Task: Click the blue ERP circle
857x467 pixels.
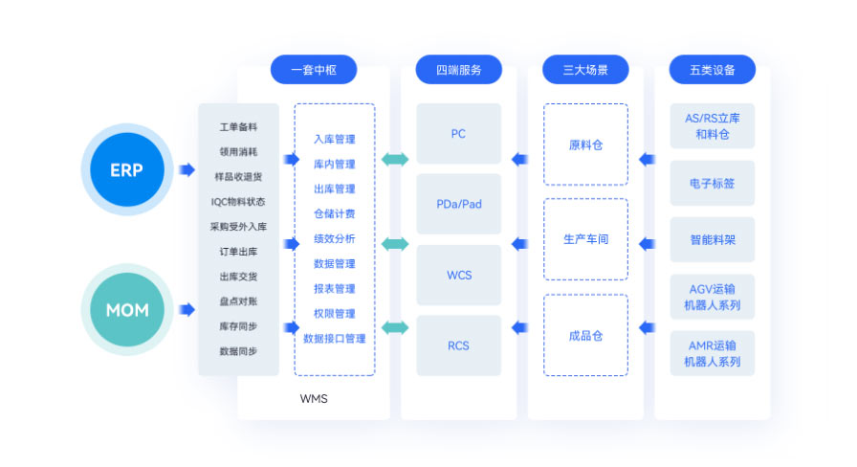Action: (x=127, y=170)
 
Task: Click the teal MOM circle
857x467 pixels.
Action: (x=127, y=310)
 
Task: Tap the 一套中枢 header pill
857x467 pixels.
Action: (x=314, y=70)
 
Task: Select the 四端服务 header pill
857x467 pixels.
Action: (x=458, y=70)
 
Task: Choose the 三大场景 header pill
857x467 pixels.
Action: (x=585, y=70)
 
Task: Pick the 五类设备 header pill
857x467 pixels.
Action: (x=712, y=70)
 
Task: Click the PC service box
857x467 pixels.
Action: (x=458, y=134)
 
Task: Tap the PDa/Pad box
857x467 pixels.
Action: (x=458, y=205)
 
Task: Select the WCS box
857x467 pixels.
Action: (x=458, y=276)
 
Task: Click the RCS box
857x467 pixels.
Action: (x=458, y=345)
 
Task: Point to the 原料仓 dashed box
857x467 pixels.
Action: (x=585, y=145)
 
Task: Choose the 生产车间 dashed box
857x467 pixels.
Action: (x=585, y=239)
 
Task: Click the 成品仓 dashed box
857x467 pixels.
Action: (x=585, y=336)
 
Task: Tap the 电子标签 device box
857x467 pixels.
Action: (x=712, y=183)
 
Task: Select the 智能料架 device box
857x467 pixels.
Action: (x=712, y=240)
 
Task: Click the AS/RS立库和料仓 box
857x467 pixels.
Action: (x=712, y=126)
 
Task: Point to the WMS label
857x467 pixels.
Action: (x=314, y=398)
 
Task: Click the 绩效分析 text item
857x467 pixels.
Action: (x=334, y=239)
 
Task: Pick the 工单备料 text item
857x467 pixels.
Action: (x=238, y=126)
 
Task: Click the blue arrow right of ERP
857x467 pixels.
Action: (x=187, y=170)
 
